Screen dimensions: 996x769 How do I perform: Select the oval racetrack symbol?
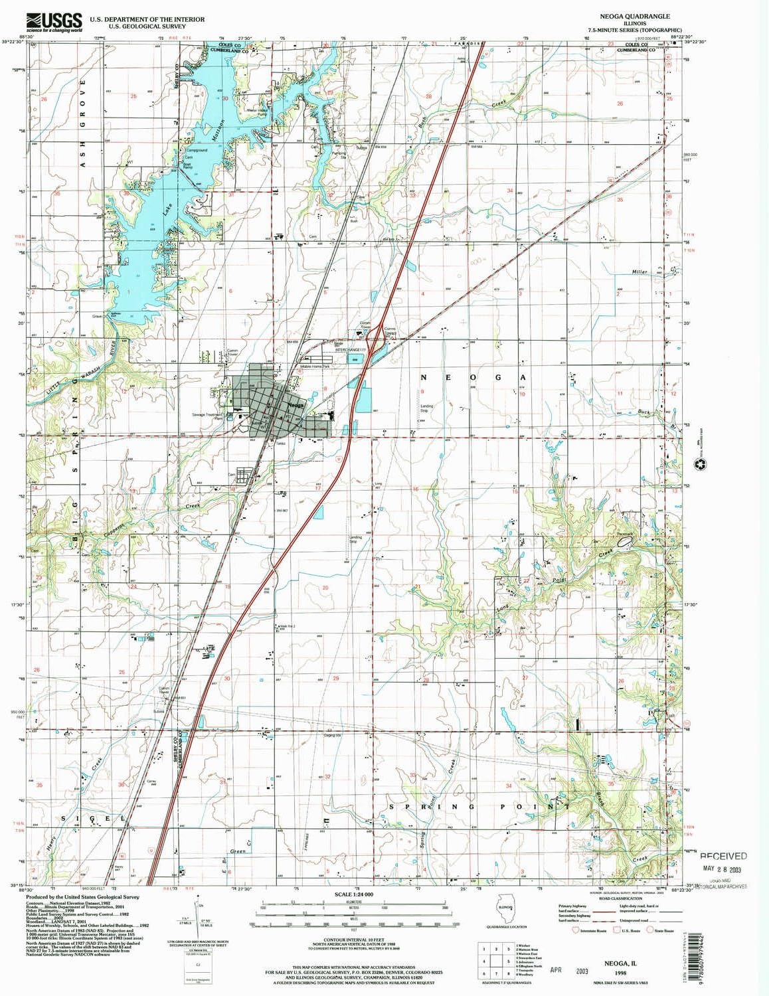tap(624, 542)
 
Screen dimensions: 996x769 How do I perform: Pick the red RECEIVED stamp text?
tap(723, 857)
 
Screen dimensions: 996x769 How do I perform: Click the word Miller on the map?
tap(639, 272)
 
